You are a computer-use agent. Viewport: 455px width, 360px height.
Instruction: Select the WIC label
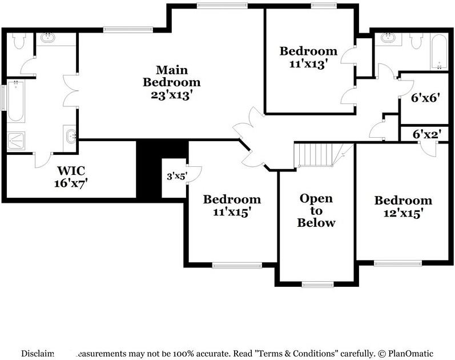coord(71,170)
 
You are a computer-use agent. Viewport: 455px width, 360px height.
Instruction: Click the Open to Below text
coord(316,210)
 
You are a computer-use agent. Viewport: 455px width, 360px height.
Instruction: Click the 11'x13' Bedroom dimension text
coord(307,65)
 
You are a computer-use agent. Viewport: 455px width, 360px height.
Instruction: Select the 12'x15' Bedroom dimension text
coord(402,214)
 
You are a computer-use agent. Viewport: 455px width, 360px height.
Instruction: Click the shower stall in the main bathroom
coord(16,139)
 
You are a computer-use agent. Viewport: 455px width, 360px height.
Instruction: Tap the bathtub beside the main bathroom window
coord(15,101)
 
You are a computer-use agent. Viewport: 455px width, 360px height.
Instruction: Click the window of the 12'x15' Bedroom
coord(398,263)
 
